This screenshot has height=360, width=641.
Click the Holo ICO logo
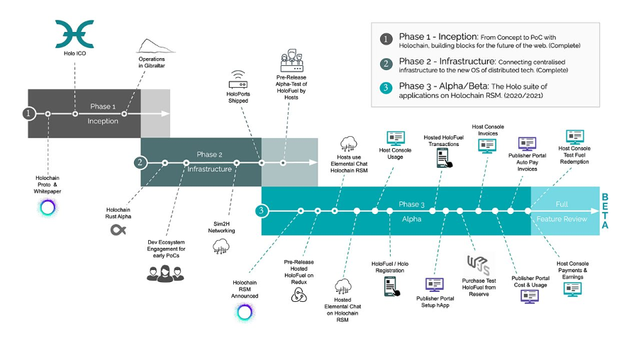[x=74, y=33]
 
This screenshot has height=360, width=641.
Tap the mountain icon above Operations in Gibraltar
[x=155, y=46]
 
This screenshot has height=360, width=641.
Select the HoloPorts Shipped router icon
[x=238, y=79]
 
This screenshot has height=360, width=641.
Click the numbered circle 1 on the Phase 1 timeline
[x=28, y=113]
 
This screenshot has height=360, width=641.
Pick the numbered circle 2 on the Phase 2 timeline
[x=140, y=162]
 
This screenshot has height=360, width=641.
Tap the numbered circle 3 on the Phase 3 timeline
[x=261, y=211]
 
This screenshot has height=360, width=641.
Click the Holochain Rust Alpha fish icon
[x=118, y=230]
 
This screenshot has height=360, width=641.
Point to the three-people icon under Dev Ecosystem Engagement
[x=165, y=274]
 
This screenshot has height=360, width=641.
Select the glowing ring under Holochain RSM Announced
[x=245, y=313]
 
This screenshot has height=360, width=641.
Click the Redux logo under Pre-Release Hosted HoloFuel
[x=299, y=295]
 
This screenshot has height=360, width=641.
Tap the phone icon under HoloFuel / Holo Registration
[x=391, y=286]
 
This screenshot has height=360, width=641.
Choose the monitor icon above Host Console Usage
[x=396, y=138]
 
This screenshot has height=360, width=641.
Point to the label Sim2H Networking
[x=221, y=227]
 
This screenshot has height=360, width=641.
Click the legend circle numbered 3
[x=386, y=87]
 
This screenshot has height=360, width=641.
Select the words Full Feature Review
[x=562, y=211]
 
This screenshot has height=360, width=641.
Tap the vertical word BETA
[x=605, y=211]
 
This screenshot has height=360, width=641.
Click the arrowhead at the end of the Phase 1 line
[x=165, y=113]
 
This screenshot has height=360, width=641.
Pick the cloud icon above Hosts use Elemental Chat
[x=348, y=145]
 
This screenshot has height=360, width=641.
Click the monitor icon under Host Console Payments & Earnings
[x=572, y=289]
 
